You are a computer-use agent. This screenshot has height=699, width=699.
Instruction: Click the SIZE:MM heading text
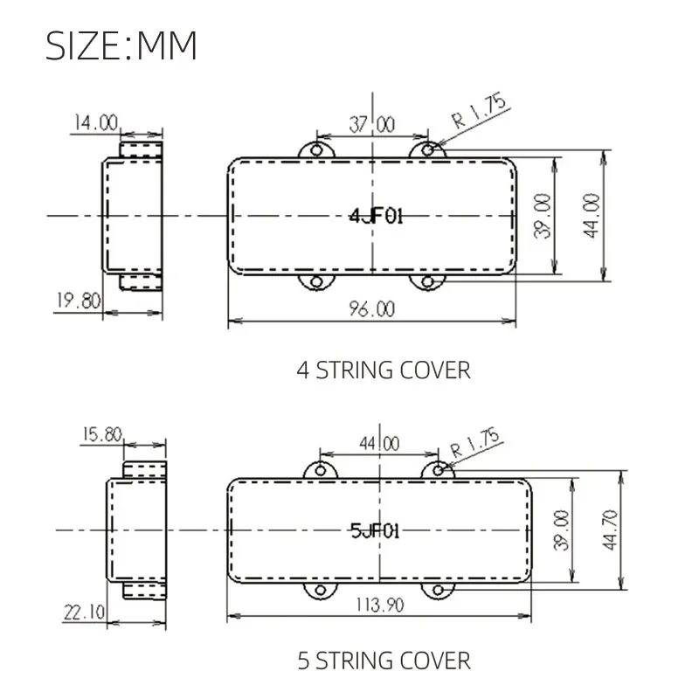tap(121, 45)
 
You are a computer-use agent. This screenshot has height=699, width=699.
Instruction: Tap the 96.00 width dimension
tap(372, 309)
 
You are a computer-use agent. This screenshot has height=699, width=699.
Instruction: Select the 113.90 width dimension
tap(380, 605)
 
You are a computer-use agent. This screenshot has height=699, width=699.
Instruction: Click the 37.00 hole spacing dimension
tap(372, 124)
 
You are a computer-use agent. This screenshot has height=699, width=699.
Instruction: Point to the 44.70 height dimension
tap(610, 530)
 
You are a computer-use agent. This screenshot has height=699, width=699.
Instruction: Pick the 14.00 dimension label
tap(96, 122)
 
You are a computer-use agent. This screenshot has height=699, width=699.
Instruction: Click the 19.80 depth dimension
tap(79, 301)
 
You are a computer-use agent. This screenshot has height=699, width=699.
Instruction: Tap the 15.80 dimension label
tap(102, 434)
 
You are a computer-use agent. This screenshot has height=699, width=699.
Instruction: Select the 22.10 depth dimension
tap(84, 612)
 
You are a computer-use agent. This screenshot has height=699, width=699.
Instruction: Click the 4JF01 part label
tap(377, 216)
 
